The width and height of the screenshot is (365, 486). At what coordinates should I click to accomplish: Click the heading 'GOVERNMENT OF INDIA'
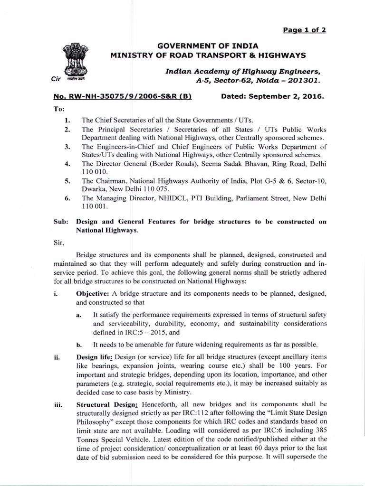(208, 46)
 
